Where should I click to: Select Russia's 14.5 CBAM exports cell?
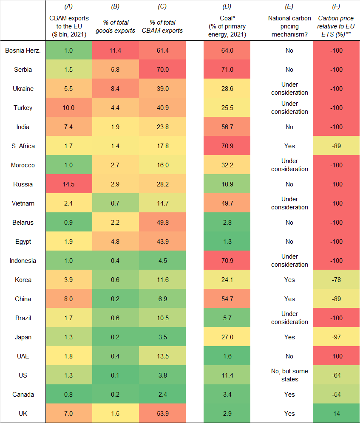[x=68, y=184]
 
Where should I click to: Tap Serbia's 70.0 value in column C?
[x=163, y=70]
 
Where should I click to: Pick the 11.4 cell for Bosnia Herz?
[x=116, y=51]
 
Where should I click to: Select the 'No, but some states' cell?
[x=289, y=375]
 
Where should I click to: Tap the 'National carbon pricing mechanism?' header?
[x=289, y=26]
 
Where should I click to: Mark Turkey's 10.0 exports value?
[x=68, y=108]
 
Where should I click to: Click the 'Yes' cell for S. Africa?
[x=289, y=146]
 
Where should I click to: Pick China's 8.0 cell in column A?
[x=68, y=299]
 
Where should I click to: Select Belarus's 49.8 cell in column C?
[x=163, y=223]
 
